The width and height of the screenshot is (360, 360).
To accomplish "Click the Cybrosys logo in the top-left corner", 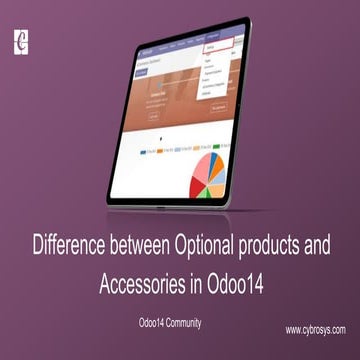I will [x=19, y=43].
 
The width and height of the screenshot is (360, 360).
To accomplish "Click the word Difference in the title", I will [x=74, y=244].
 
